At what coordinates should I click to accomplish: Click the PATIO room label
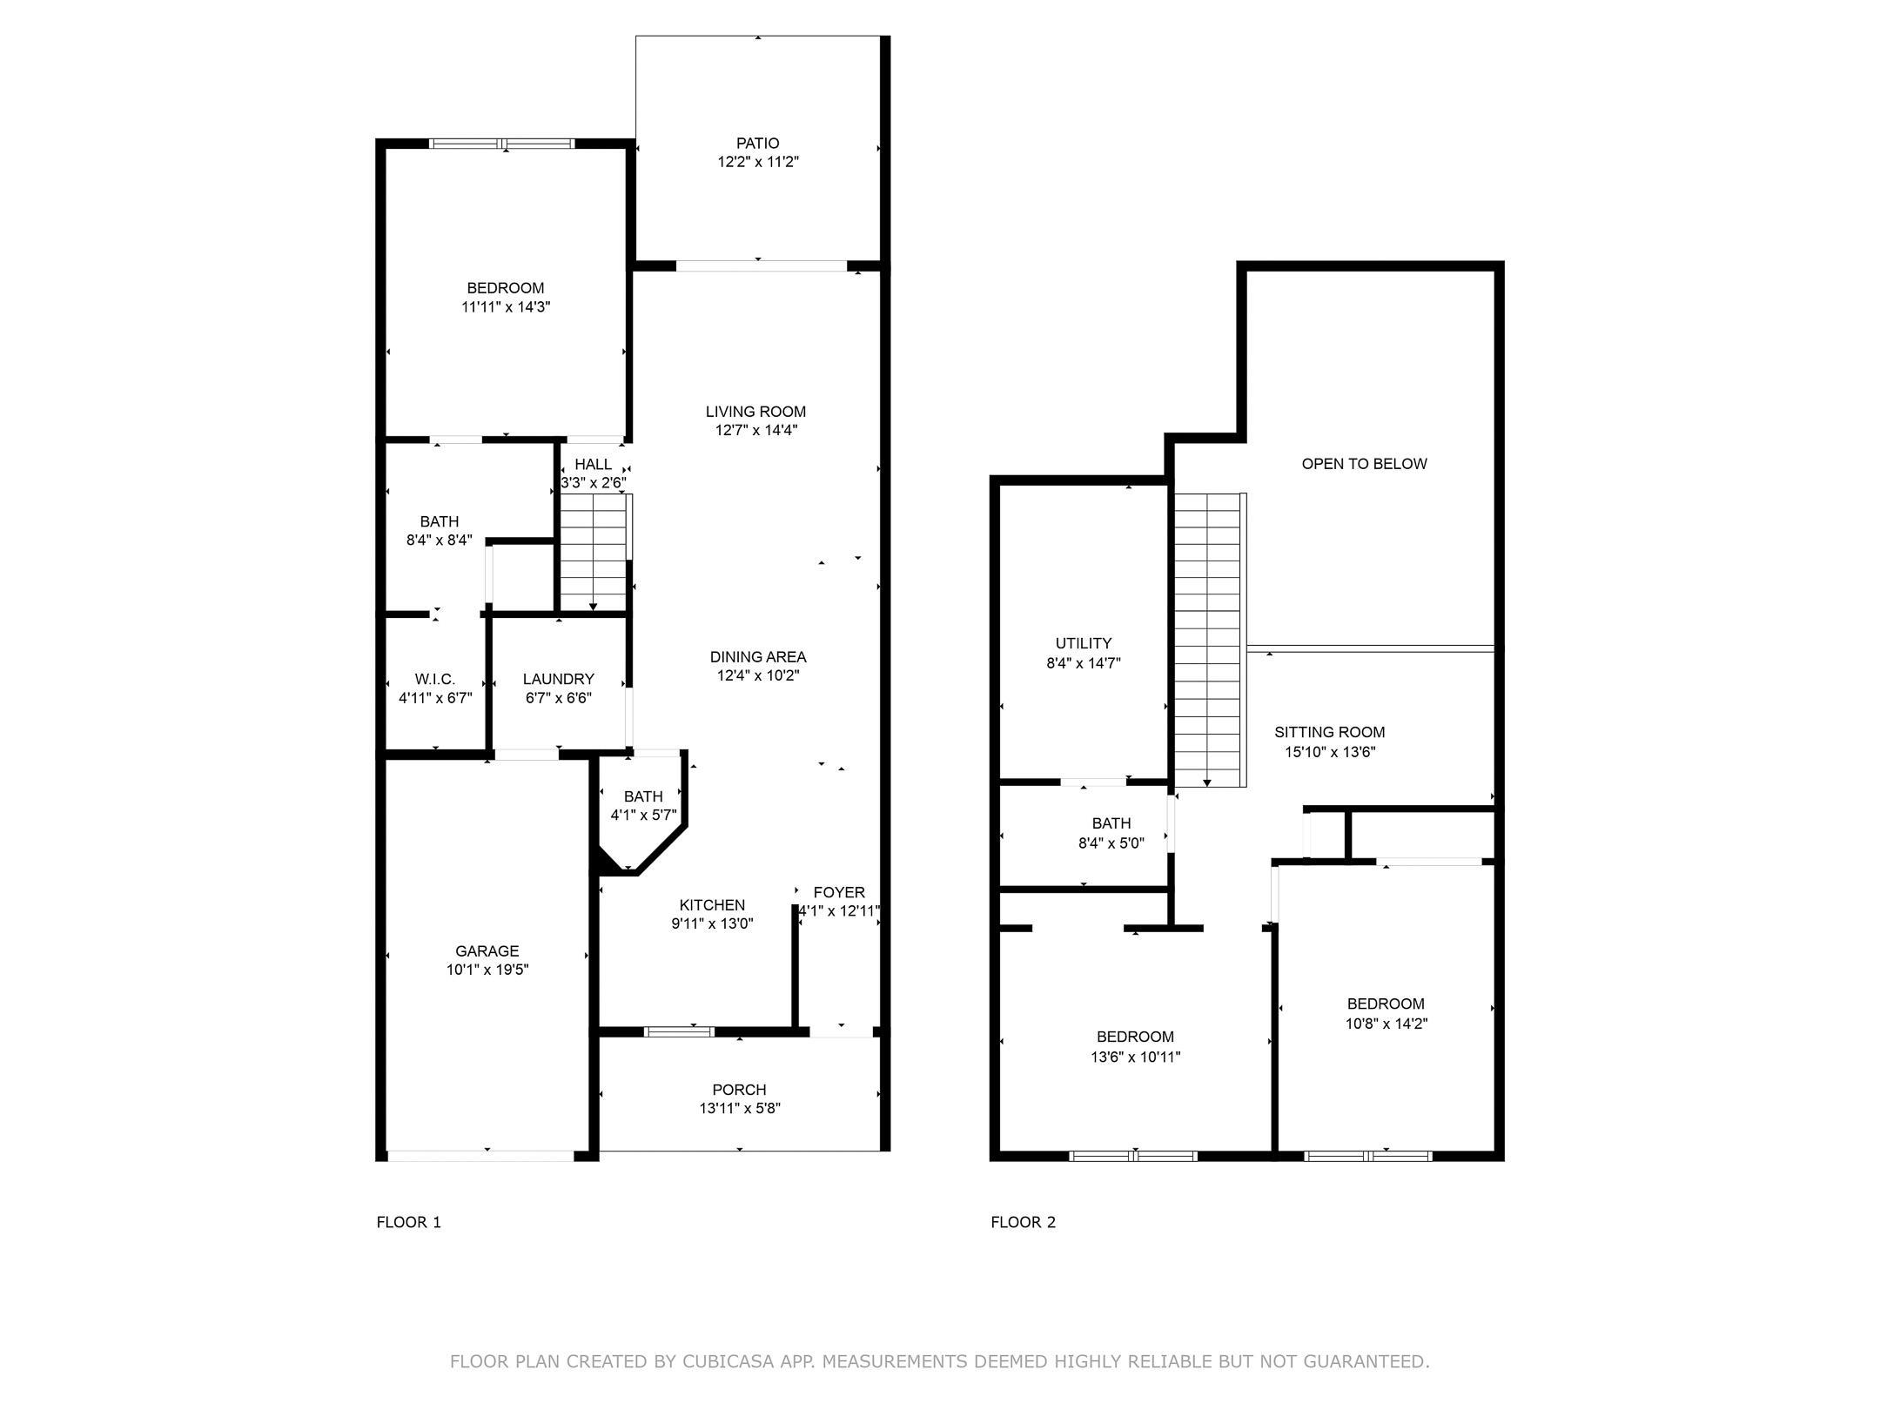tap(757, 143)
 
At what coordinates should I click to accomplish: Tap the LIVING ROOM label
tap(755, 412)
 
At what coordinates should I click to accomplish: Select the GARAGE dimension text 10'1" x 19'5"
tap(487, 970)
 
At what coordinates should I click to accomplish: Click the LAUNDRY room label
tap(559, 679)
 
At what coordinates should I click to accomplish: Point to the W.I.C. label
tap(435, 679)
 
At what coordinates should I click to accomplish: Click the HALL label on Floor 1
tap(593, 465)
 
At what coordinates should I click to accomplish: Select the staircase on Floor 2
tap(1207, 640)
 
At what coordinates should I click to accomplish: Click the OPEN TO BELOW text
tap(1364, 464)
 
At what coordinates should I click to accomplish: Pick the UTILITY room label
tap(1084, 643)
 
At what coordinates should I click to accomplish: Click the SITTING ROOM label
tap(1329, 732)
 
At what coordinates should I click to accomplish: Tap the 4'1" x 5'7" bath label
tap(643, 815)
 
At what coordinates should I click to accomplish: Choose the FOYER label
tap(839, 892)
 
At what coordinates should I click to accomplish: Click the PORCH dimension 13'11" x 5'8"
tap(740, 1108)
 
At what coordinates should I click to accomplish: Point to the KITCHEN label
tap(712, 905)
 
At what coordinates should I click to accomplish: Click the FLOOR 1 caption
tap(408, 1222)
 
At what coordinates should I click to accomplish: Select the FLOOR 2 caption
tap(1023, 1222)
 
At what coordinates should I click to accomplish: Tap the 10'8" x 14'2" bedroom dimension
tap(1386, 1024)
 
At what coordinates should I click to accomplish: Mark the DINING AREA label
tap(757, 657)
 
